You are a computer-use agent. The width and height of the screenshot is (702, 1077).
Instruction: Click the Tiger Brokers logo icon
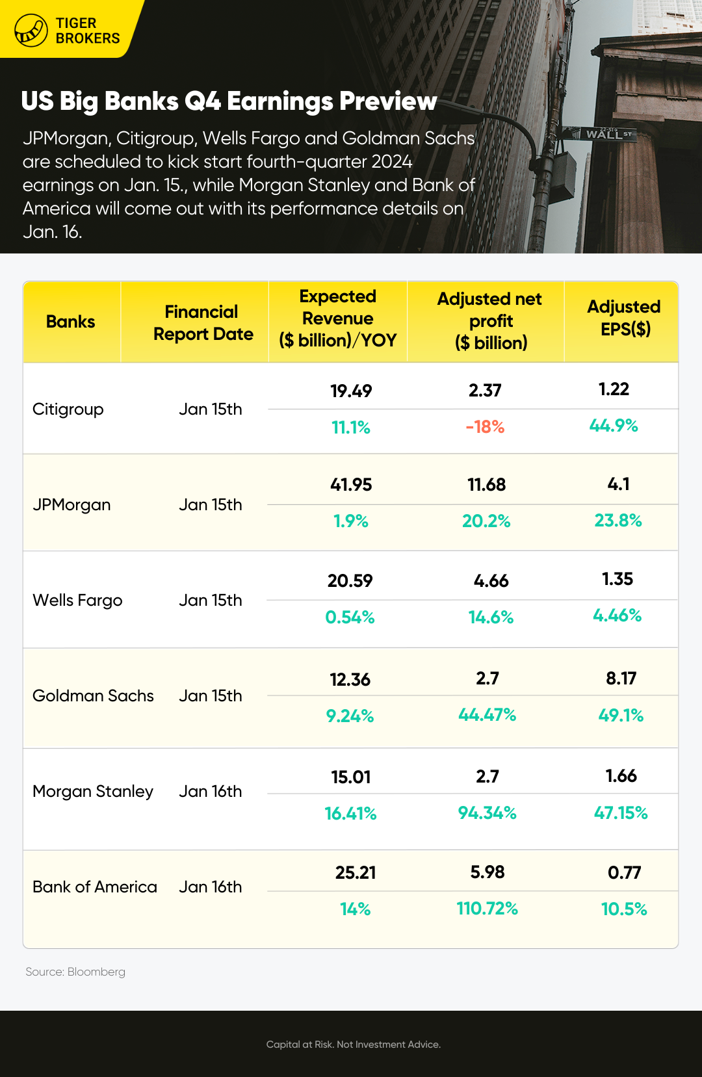tap(31, 30)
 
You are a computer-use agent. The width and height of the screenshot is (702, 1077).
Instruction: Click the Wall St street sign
tap(604, 134)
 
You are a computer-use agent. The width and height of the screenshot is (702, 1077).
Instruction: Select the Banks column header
tap(70, 322)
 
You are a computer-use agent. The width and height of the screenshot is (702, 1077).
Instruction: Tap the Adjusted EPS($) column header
tap(624, 318)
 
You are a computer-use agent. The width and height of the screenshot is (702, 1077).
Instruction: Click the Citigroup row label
tap(68, 409)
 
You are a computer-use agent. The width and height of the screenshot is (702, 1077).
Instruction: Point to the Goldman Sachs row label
tap(93, 696)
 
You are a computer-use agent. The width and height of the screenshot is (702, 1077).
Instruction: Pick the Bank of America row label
tap(95, 887)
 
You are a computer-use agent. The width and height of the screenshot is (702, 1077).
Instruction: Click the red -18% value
tap(485, 427)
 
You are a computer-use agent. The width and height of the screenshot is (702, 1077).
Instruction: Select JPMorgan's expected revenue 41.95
tap(351, 485)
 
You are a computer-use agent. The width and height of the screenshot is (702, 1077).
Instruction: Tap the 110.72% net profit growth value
tap(487, 909)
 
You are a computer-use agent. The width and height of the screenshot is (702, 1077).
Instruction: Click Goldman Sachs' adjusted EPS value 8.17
tap(621, 679)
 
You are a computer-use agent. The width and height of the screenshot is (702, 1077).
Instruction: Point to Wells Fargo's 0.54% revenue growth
tap(350, 617)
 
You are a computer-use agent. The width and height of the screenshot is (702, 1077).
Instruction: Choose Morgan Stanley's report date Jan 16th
tap(210, 792)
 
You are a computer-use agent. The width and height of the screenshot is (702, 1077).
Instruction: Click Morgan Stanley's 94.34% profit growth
tap(487, 813)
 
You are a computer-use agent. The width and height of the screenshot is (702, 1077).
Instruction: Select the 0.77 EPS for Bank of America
tap(624, 873)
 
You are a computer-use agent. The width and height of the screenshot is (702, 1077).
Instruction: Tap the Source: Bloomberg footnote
tap(75, 972)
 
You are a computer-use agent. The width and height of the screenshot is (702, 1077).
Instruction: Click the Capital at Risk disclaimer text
tap(353, 1045)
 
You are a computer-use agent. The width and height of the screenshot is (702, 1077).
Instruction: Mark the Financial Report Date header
tap(203, 323)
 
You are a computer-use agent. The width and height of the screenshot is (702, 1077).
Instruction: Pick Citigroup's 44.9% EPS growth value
tap(614, 426)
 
